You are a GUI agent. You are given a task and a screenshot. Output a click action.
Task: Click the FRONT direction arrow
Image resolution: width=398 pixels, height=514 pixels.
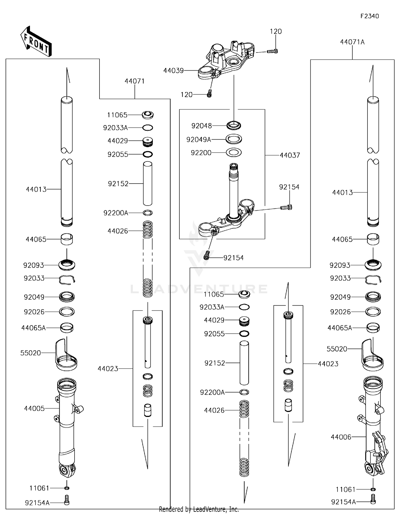click(36, 42)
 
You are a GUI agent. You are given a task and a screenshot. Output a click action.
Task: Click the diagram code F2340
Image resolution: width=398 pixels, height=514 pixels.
click(369, 16)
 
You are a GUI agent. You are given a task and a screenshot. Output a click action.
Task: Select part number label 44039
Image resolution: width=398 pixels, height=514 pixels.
click(173, 71)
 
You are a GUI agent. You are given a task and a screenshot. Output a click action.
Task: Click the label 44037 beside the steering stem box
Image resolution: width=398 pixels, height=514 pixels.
click(290, 155)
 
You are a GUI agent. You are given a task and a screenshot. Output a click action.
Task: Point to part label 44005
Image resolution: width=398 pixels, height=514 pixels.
click(34, 408)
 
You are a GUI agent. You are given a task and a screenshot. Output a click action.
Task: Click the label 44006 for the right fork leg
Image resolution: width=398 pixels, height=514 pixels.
click(341, 437)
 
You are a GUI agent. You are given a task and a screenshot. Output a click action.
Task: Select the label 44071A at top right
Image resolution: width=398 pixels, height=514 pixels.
click(352, 42)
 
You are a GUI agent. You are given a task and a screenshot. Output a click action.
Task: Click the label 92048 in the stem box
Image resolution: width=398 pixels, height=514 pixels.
click(201, 126)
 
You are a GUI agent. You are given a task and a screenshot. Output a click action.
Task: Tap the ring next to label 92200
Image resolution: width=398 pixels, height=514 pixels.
click(233, 153)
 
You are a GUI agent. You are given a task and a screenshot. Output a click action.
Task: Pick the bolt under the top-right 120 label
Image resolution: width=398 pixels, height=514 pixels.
click(272, 51)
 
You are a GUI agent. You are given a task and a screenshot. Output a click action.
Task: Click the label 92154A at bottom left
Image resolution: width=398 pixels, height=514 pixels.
click(37, 503)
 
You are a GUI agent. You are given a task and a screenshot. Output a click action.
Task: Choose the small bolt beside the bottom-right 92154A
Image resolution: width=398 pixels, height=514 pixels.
click(373, 499)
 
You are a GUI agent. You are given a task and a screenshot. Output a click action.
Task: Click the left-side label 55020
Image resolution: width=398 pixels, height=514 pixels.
click(31, 353)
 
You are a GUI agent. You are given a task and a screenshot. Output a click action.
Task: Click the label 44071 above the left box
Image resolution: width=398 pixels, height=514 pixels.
click(135, 81)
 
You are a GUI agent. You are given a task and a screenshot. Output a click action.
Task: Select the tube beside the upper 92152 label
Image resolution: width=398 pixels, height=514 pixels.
click(148, 184)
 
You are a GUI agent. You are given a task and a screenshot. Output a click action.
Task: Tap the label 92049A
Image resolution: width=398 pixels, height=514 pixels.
click(198, 140)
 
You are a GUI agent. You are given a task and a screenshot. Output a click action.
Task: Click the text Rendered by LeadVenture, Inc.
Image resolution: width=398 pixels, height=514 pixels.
click(199, 509)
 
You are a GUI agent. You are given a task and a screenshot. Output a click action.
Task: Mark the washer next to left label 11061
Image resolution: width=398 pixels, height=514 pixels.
click(67, 488)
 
